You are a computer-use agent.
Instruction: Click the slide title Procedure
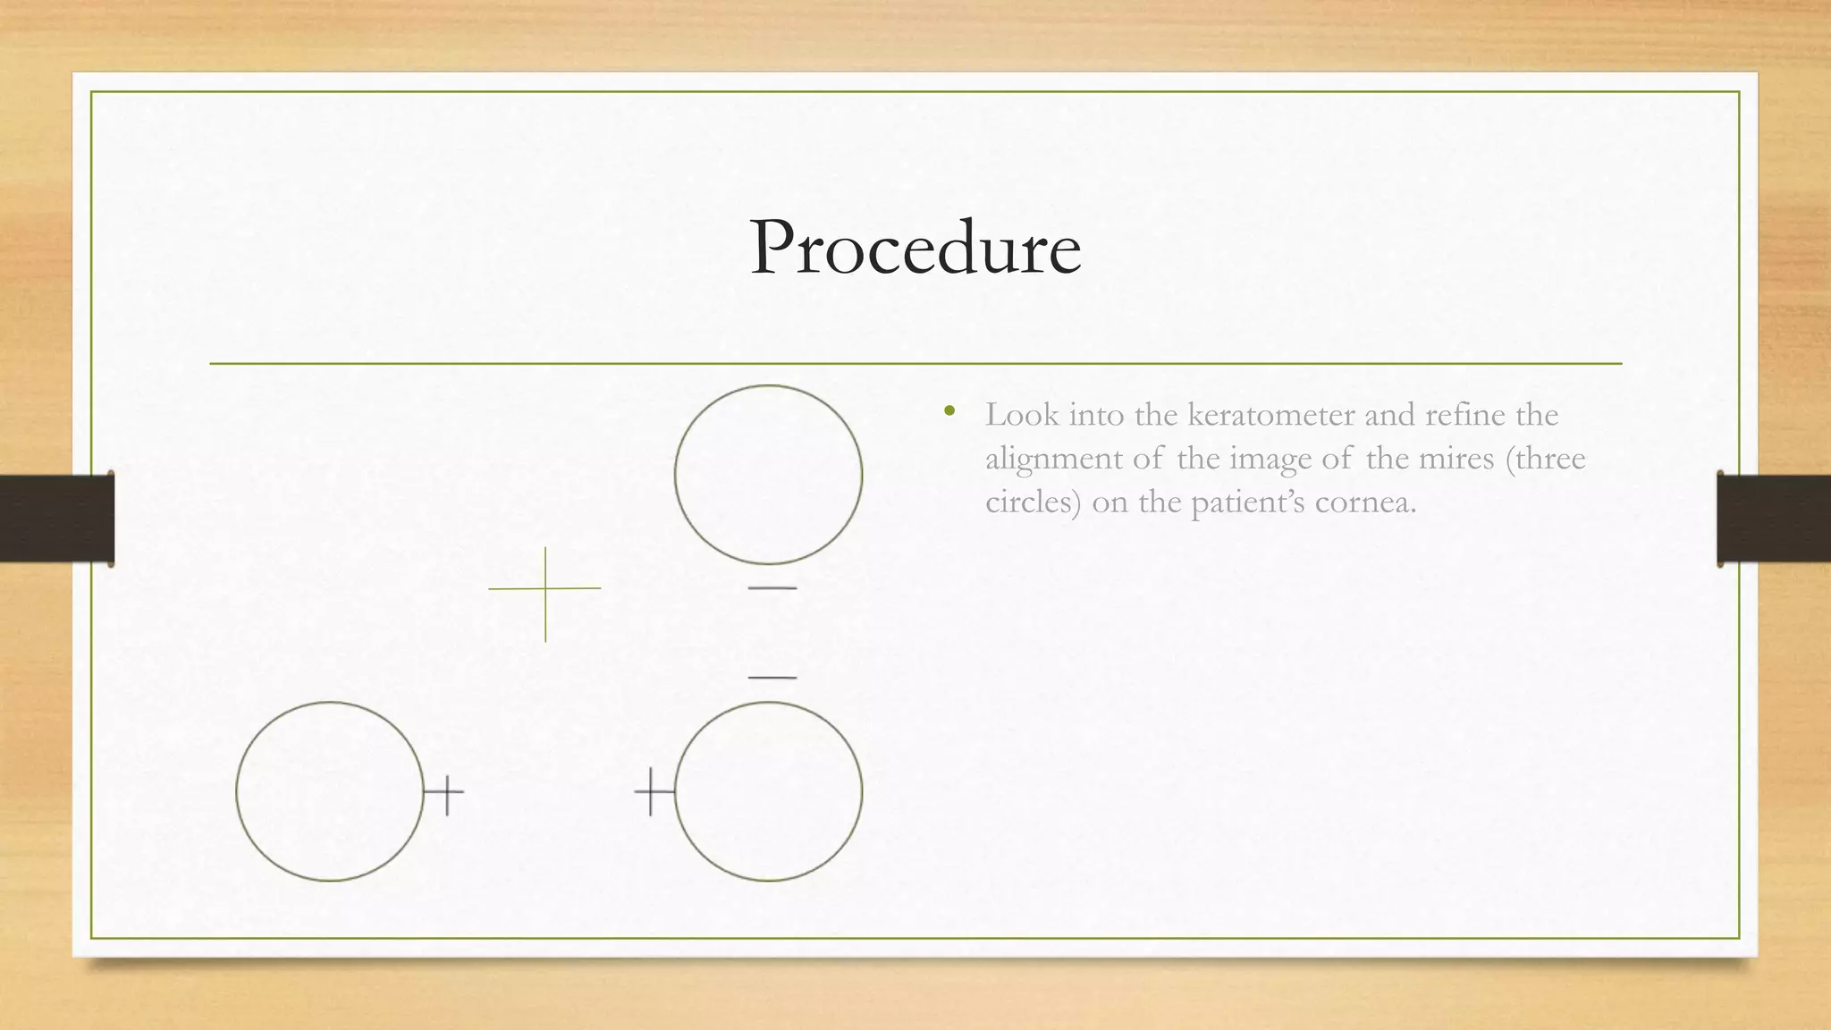915,248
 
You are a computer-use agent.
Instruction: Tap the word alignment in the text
1052,459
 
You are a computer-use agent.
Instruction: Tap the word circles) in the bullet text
1033,502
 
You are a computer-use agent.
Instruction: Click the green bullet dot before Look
949,412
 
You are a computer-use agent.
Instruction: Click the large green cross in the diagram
545,589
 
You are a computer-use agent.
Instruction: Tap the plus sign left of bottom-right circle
652,791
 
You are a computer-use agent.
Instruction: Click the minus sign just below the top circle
772,588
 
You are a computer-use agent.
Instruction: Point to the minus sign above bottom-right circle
772,678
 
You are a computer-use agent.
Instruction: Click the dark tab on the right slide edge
1774,519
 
